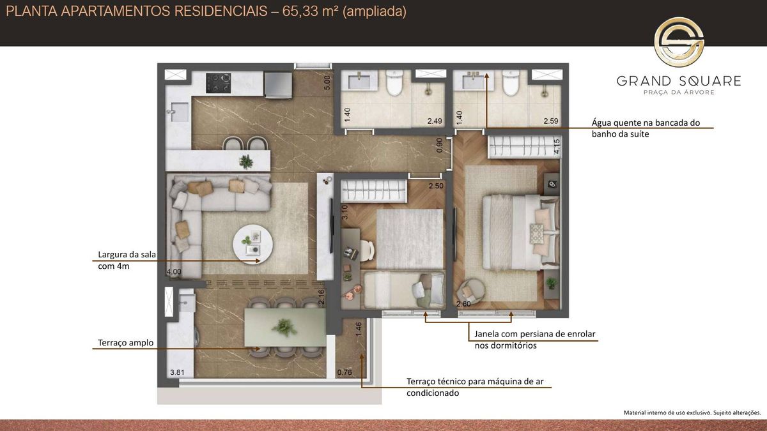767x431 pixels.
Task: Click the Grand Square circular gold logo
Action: tap(679, 42)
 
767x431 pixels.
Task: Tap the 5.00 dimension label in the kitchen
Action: tap(327, 83)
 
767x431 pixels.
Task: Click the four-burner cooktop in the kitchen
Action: tap(218, 83)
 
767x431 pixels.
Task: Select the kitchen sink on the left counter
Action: tap(179, 112)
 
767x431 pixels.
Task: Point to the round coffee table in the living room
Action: tap(252, 245)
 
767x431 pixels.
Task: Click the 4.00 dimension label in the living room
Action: tap(174, 272)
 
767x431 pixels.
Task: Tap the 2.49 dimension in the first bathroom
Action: tap(435, 121)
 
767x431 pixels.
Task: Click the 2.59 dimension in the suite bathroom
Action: tap(550, 121)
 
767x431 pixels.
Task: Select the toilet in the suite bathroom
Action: tap(511, 83)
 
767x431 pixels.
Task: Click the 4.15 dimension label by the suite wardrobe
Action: tap(557, 146)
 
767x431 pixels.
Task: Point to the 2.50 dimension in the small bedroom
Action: tap(436, 186)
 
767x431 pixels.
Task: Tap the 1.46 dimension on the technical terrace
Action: tap(359, 329)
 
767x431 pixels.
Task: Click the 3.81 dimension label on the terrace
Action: tap(178, 372)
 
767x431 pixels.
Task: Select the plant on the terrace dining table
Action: tap(284, 328)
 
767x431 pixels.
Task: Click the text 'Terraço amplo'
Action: tap(126, 343)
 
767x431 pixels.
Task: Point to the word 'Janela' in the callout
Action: tap(486, 334)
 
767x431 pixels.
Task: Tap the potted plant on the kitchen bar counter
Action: tap(246, 162)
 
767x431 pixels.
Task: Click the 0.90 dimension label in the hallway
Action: tap(439, 146)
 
